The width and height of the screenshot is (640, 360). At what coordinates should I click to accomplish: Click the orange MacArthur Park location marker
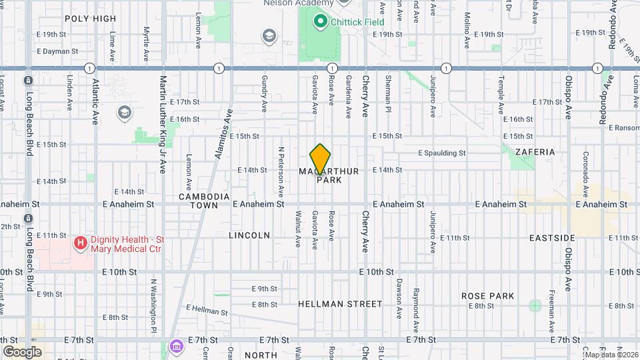[321, 159]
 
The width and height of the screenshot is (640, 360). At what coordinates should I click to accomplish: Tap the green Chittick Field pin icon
[320, 22]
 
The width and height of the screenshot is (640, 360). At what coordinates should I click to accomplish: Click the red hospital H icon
[80, 243]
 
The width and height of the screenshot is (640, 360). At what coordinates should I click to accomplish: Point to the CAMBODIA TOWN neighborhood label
[204, 201]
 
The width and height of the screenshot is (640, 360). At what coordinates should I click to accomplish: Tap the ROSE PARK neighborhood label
[487, 295]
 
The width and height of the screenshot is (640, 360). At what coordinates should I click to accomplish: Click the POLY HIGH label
[91, 19]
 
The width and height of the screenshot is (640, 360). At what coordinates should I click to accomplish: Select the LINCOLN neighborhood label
[249, 235]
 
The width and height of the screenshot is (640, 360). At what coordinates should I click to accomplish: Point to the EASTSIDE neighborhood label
[552, 237]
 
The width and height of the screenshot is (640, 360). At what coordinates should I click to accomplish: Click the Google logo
[22, 351]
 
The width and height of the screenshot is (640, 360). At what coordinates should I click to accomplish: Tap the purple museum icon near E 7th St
[176, 345]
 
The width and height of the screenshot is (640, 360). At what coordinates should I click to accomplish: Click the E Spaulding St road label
[441, 153]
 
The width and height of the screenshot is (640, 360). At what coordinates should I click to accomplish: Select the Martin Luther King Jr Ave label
[162, 123]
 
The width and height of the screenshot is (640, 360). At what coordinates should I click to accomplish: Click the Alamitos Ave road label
[228, 131]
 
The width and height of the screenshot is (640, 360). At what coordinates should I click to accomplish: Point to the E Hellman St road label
[207, 311]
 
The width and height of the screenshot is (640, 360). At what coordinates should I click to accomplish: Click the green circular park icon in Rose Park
[535, 306]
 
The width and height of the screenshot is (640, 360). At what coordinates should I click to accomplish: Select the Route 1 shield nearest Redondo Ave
[598, 68]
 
